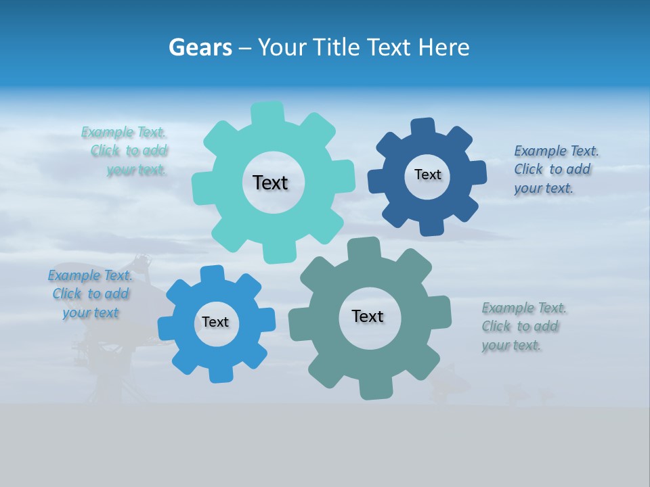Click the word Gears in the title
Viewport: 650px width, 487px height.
200,48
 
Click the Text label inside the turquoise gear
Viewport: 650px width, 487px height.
270,183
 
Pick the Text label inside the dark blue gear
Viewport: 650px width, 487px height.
427,175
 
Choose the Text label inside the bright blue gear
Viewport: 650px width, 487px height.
215,322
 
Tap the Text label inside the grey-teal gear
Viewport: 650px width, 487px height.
368,316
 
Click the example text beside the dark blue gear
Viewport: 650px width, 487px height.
556,169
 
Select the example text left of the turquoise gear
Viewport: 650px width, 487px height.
125,151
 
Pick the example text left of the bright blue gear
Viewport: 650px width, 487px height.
90,294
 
